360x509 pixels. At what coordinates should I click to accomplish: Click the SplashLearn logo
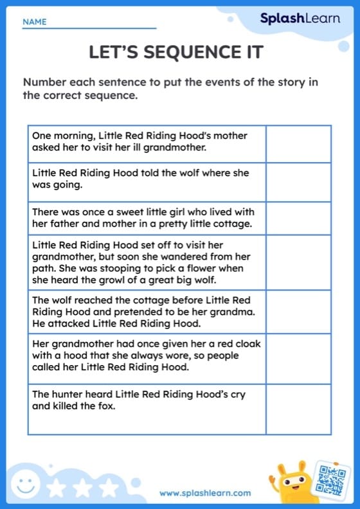pyautogui.click(x=300, y=19)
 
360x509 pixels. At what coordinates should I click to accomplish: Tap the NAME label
pyautogui.click(x=35, y=22)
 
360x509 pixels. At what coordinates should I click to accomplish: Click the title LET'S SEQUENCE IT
pyautogui.click(x=176, y=53)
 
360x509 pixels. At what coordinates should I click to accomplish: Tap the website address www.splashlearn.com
pyautogui.click(x=205, y=493)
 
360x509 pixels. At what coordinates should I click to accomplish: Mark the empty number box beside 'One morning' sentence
pyautogui.click(x=298, y=143)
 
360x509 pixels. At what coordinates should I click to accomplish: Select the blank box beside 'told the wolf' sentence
pyautogui.click(x=298, y=182)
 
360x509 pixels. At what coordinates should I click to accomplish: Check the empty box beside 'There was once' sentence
pyautogui.click(x=298, y=218)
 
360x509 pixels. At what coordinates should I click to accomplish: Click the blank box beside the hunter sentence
pyautogui.click(x=298, y=409)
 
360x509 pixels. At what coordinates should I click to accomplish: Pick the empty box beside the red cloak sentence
pyautogui.click(x=298, y=359)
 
